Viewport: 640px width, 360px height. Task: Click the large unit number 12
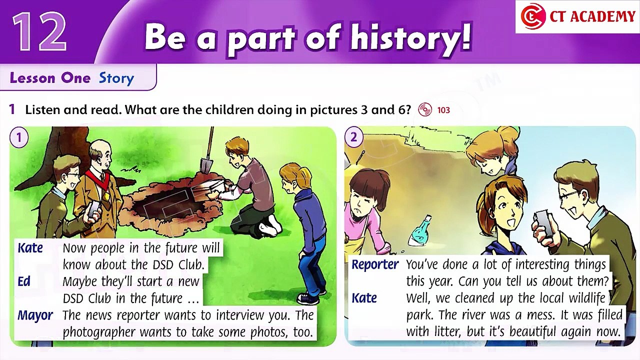click(39, 31)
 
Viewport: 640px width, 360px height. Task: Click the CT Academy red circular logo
click(532, 16)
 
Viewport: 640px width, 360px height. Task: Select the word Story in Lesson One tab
click(116, 78)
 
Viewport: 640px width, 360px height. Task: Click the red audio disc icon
click(425, 109)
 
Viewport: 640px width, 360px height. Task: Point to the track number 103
click(443, 110)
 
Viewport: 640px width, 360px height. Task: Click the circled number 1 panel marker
click(19, 137)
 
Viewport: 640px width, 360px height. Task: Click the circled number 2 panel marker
click(353, 137)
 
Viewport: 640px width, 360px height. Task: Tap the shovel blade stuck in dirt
click(206, 165)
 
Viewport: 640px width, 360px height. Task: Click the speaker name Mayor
click(35, 315)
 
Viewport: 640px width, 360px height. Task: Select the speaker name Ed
click(23, 281)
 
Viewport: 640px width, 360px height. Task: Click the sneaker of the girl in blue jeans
click(308, 299)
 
